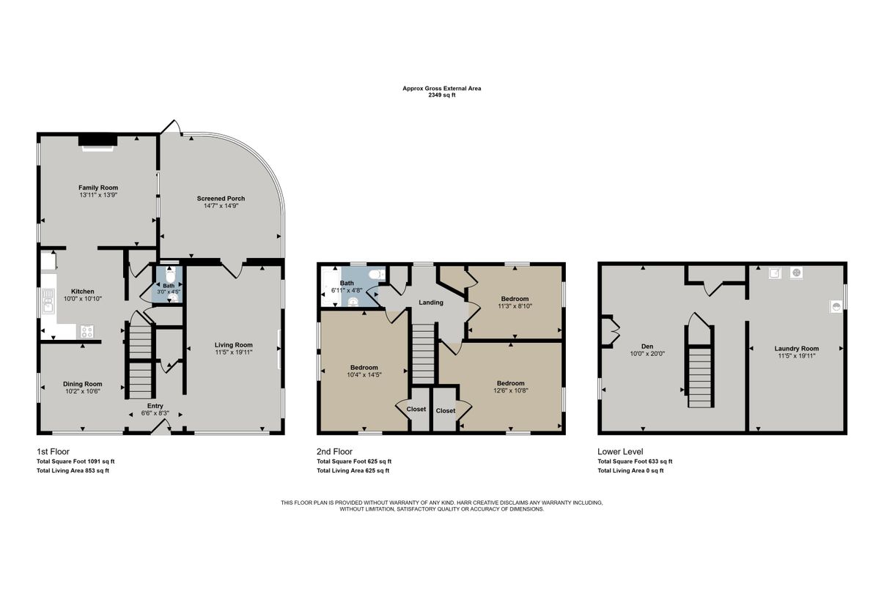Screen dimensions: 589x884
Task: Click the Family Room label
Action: click(98, 188)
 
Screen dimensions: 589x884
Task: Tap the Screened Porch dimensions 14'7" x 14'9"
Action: click(221, 206)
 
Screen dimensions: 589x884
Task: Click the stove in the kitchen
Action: click(87, 330)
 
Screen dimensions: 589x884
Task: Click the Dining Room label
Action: click(82, 384)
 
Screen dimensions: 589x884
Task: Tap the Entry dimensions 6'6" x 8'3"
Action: click(155, 414)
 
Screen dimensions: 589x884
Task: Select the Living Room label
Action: click(233, 345)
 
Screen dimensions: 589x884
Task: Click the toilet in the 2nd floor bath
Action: click(377, 275)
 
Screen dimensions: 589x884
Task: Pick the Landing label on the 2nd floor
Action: click(430, 303)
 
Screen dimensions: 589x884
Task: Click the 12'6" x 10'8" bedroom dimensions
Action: click(510, 390)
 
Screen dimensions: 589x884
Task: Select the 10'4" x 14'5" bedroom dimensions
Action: click(364, 375)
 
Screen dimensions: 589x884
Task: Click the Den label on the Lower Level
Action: click(647, 346)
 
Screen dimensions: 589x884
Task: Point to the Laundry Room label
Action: click(796, 349)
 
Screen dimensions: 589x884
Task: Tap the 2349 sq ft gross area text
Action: click(441, 95)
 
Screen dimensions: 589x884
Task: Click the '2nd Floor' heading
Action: click(334, 452)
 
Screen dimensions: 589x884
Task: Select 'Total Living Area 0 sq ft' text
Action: click(630, 470)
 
